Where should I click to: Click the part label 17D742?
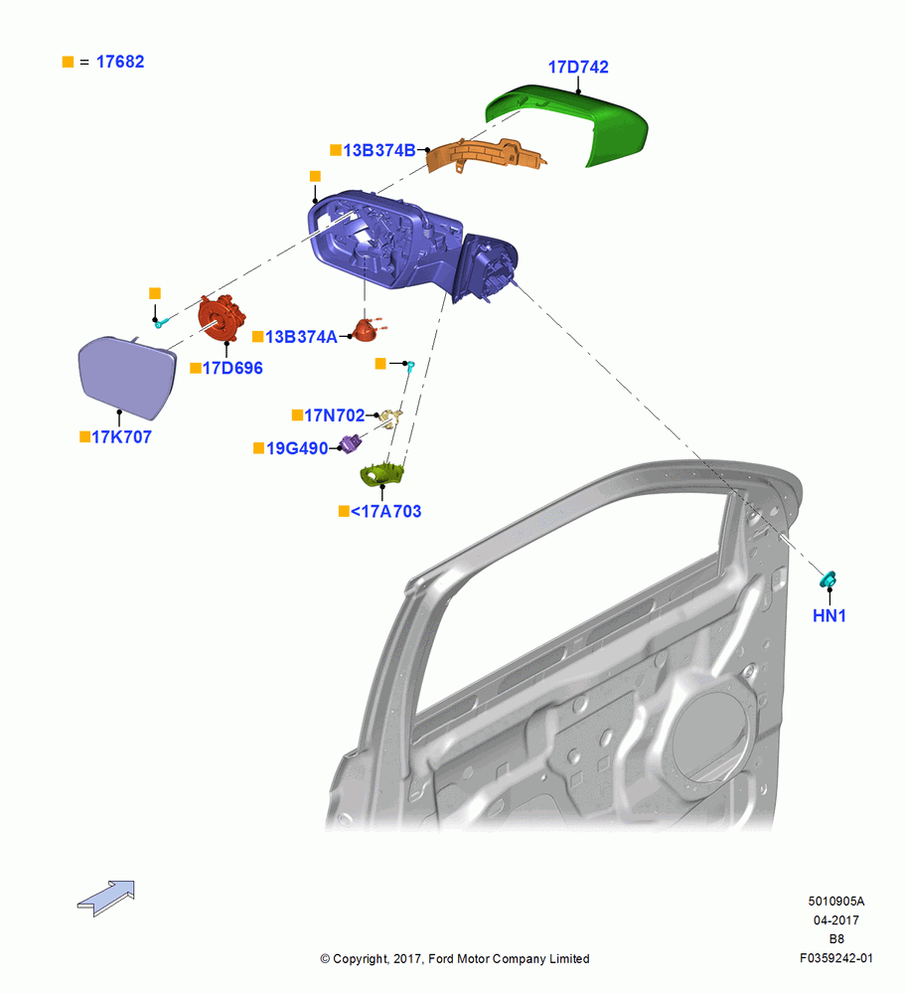tap(578, 67)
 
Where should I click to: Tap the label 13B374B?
tap(378, 150)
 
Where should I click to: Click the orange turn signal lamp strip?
tap(485, 155)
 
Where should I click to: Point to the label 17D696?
tap(231, 368)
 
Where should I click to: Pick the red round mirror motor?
tap(222, 318)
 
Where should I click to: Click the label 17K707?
tap(121, 436)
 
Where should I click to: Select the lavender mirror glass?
tap(127, 377)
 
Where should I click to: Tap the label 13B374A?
tap(301, 337)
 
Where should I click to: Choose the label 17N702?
tap(335, 415)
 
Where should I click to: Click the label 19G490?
tap(297, 448)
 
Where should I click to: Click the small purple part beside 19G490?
tap(351, 443)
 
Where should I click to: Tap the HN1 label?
tap(830, 615)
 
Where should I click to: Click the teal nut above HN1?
tap(829, 579)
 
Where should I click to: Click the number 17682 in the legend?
tap(120, 62)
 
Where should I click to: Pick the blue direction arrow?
tap(106, 898)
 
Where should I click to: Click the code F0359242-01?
tap(835, 958)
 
